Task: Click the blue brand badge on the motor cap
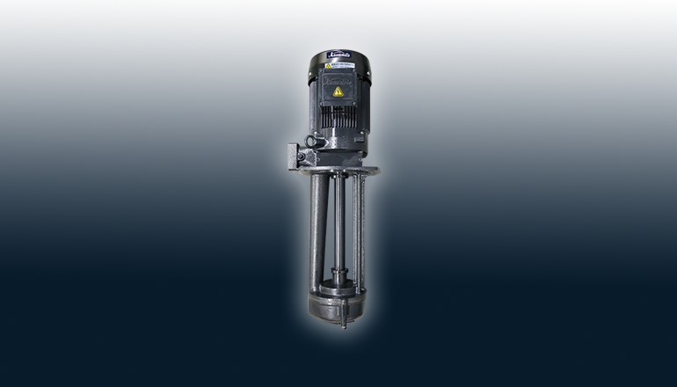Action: (338, 54)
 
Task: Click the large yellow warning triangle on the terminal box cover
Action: (338, 91)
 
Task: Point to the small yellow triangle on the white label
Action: (329, 66)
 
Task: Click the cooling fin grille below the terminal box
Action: (338, 116)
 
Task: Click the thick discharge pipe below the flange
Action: (319, 229)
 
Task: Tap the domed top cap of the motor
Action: (338, 59)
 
